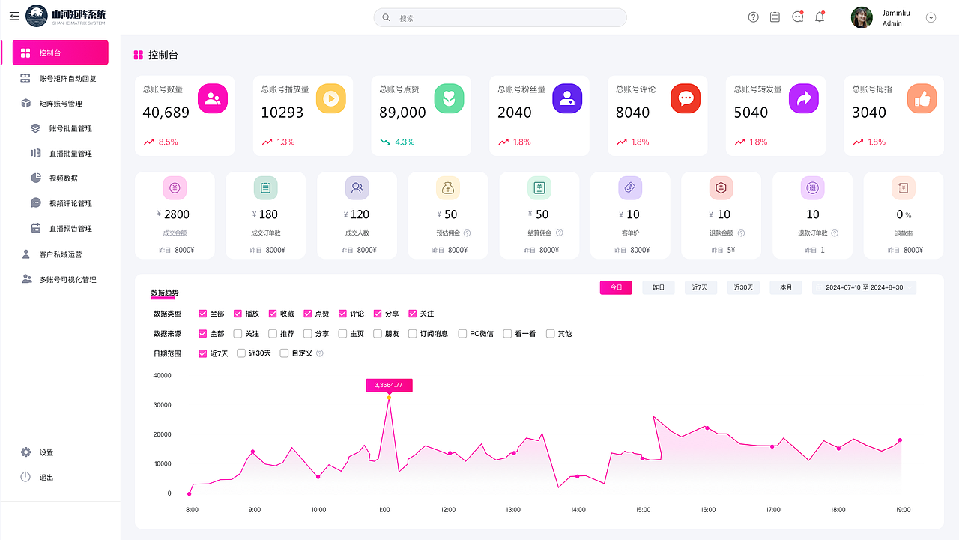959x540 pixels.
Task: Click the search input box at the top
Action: [x=500, y=17]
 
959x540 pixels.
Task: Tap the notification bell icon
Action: [x=820, y=16]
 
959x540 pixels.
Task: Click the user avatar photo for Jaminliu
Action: [x=862, y=17]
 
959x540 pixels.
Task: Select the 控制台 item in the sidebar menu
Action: [x=61, y=52]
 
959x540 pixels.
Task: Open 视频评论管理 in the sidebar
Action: [x=70, y=203]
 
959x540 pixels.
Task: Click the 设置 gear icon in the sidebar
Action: [x=25, y=452]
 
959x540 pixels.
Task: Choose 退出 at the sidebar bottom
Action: [x=46, y=477]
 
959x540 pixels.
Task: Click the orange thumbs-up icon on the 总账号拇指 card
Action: [x=922, y=98]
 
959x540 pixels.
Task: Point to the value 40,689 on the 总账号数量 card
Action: [x=166, y=112]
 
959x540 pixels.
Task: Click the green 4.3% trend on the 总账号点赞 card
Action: [x=397, y=142]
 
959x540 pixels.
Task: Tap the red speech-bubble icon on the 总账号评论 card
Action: [x=686, y=98]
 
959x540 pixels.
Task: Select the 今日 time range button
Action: [x=616, y=287]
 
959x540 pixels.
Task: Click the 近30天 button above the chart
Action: [x=743, y=287]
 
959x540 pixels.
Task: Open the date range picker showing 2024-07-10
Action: [x=864, y=287]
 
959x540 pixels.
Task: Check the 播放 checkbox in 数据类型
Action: [x=238, y=313]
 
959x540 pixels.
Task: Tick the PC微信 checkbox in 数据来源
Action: [x=462, y=334]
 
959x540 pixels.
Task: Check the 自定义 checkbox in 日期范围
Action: [x=284, y=353]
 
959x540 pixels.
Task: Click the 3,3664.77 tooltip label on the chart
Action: [x=389, y=385]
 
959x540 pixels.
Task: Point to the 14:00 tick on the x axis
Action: [x=578, y=509]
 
